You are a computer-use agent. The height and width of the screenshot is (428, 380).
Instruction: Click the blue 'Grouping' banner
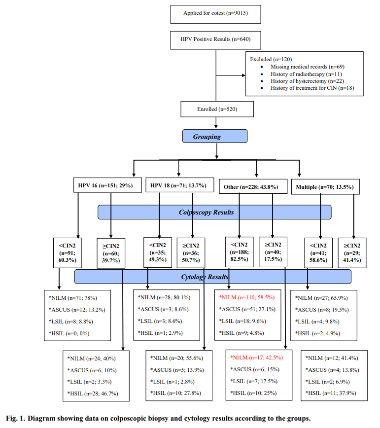[x=215, y=135]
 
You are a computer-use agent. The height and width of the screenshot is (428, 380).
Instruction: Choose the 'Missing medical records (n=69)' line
[x=306, y=66]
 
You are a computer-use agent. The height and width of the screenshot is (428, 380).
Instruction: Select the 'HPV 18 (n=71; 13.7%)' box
[x=178, y=186]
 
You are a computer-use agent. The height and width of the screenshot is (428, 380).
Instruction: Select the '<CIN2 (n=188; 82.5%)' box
[x=239, y=253]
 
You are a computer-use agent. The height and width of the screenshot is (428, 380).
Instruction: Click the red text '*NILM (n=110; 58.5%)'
[x=246, y=298]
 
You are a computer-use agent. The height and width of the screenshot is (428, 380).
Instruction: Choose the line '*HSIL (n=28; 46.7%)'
[x=94, y=392]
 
